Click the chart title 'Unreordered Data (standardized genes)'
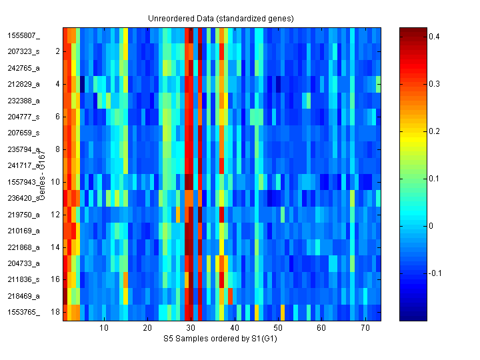click(221, 18)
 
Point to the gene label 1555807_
click(24, 35)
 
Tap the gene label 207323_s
click(24, 51)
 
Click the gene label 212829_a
click(24, 84)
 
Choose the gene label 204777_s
click(24, 117)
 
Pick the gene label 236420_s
click(24, 198)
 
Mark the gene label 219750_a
click(24, 215)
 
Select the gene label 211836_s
click(24, 279)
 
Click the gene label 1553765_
click(24, 312)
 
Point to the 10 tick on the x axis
click(104, 328)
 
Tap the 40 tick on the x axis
click(234, 328)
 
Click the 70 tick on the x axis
click(365, 328)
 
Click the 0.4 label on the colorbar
click(433, 37)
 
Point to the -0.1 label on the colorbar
click(435, 273)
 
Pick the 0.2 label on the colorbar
click(433, 131)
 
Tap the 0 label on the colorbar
click(430, 226)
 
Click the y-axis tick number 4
click(57, 84)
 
